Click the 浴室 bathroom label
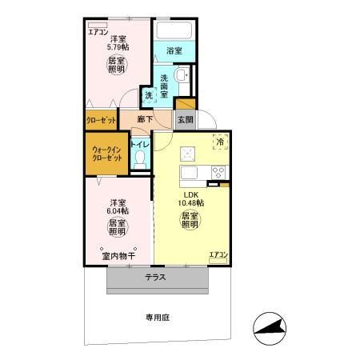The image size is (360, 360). tap(174, 50)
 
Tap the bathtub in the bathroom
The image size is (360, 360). tap(174, 31)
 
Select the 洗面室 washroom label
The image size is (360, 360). tap(164, 85)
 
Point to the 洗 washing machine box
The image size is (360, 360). tap(149, 95)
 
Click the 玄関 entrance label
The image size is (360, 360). tap(185, 119)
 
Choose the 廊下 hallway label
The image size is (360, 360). tap(145, 119)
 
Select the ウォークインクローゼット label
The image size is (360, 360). tap(106, 154)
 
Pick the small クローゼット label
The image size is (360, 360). tap(102, 120)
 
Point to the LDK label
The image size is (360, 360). tap(191, 194)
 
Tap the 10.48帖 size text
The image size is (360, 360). tap(191, 203)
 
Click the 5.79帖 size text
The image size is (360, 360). tap(118, 48)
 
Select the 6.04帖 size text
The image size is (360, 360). tap(118, 210)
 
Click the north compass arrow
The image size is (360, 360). tap(270, 326)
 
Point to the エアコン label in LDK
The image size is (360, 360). tap(218, 255)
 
